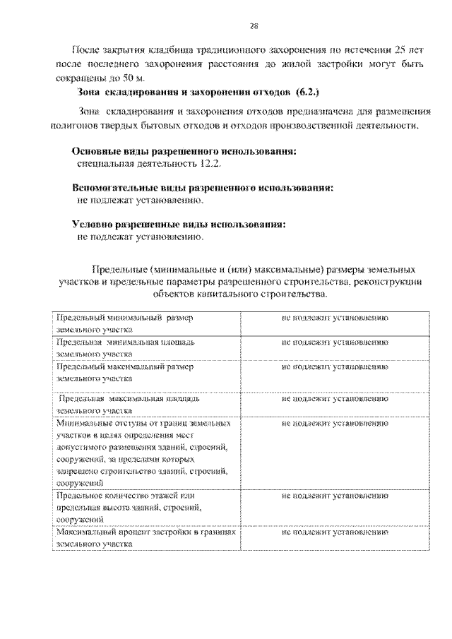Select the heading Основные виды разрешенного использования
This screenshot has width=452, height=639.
[x=184, y=152]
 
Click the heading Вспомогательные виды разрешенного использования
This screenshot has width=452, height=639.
[x=203, y=189]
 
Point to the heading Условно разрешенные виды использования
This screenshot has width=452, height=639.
[x=179, y=225]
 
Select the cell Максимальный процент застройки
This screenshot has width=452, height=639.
[x=145, y=539]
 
